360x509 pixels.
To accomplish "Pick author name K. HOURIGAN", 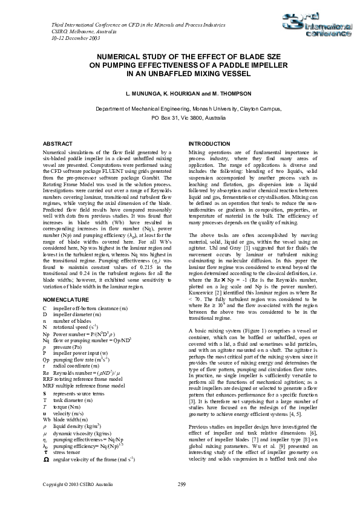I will (x=182, y=95).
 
